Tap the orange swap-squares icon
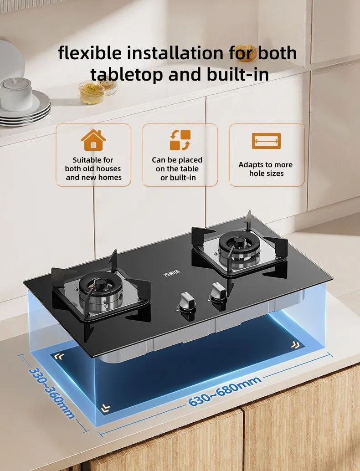[180, 140]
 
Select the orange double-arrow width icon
[266, 141]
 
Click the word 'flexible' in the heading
[90, 53]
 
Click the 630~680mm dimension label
[225, 390]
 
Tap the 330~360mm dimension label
[51, 393]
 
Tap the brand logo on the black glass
[172, 273]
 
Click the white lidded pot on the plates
[16, 94]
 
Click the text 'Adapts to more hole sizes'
[266, 169]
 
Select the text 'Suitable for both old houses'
[93, 164]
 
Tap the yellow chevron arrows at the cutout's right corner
[295, 345]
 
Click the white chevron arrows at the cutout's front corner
[105, 408]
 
